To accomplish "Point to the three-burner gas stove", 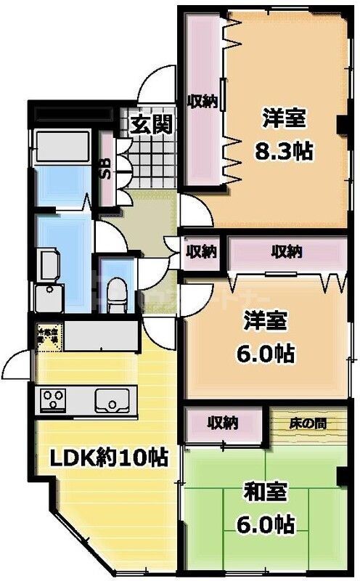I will click(x=54, y=399).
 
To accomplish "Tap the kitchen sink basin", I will click(x=112, y=399).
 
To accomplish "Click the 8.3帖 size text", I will click(x=283, y=150).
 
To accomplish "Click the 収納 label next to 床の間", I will click(x=222, y=422).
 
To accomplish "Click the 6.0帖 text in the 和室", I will click(x=265, y=524).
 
